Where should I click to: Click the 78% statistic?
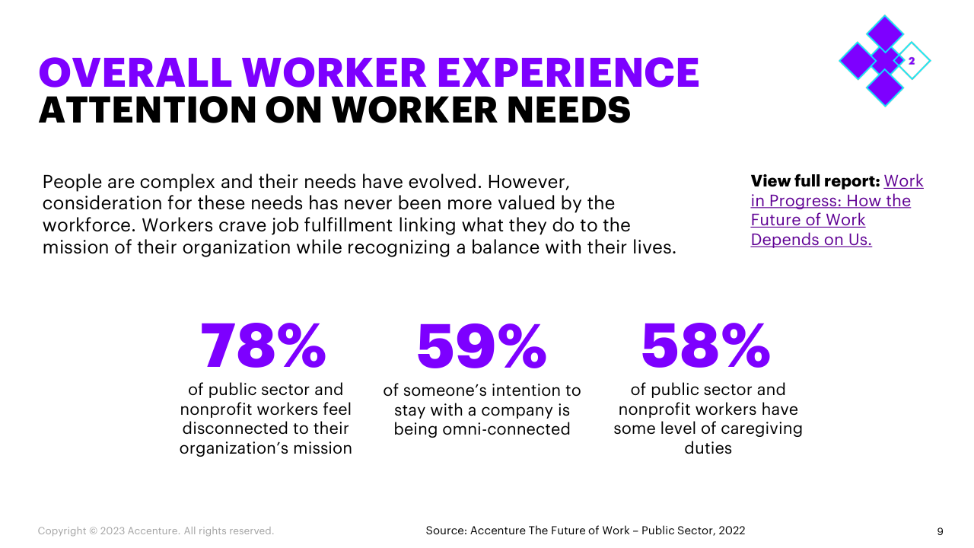point(263,346)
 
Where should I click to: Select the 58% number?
point(706,346)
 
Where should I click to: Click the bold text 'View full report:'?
point(815,181)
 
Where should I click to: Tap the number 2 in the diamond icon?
point(912,61)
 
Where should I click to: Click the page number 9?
point(941,530)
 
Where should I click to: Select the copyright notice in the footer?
point(156,530)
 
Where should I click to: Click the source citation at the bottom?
point(585,530)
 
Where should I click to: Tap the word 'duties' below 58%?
point(708,448)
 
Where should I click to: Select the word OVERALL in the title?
point(135,73)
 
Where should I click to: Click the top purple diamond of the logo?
point(884,33)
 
